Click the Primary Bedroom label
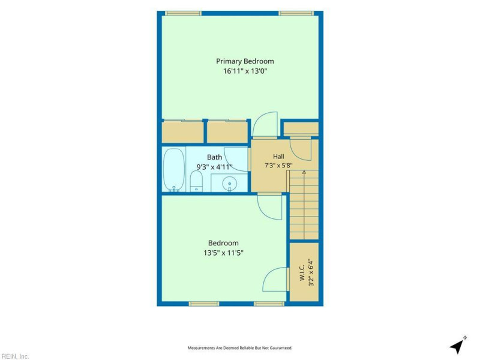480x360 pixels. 245,61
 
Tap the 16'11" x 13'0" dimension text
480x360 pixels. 245,71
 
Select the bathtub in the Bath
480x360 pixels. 173,170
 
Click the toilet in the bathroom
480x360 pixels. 196,181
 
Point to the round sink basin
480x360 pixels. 230,184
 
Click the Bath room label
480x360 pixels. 214,157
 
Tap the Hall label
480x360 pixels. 278,157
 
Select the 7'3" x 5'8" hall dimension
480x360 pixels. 278,166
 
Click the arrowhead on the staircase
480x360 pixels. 304,172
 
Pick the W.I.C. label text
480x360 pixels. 302,272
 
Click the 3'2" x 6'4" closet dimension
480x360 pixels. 311,272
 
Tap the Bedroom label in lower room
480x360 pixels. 223,243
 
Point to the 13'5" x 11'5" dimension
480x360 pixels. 223,253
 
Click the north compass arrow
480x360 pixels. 458,346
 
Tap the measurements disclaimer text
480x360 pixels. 240,348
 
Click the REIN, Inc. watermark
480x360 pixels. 14,356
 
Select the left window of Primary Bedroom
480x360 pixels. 183,13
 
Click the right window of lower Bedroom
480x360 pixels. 269,304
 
